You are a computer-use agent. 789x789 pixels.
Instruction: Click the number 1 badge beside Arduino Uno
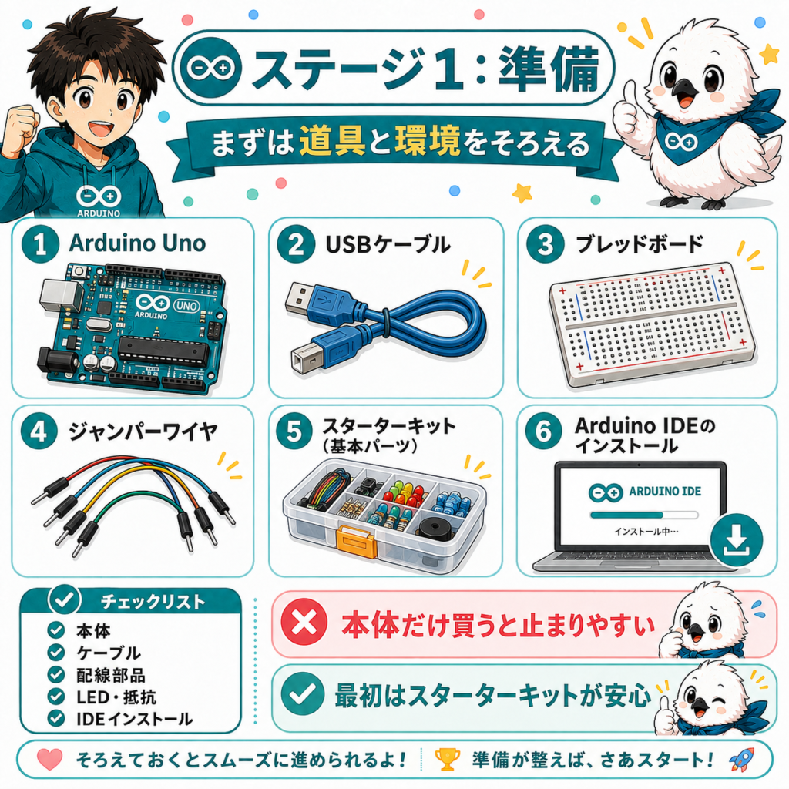pyautogui.click(x=40, y=244)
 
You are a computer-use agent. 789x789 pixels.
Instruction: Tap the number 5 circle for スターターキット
pyautogui.click(x=294, y=431)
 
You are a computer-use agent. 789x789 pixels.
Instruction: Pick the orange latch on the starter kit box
pyautogui.click(x=355, y=542)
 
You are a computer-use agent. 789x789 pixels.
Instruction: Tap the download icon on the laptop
pyautogui.click(x=736, y=539)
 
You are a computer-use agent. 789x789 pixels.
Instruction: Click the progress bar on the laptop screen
pyautogui.click(x=644, y=515)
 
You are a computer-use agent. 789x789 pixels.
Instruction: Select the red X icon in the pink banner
pyautogui.click(x=304, y=624)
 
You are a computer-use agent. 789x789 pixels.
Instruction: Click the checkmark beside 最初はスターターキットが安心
pyautogui.click(x=302, y=694)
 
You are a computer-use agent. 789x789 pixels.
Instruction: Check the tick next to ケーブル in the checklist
pyautogui.click(x=55, y=652)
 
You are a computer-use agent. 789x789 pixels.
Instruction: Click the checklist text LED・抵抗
pyautogui.click(x=116, y=697)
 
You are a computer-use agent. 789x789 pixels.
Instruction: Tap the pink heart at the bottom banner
pyautogui.click(x=50, y=759)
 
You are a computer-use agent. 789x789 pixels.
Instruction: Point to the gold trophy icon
pyautogui.click(x=447, y=759)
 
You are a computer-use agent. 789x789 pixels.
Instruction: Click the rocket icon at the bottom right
pyautogui.click(x=742, y=759)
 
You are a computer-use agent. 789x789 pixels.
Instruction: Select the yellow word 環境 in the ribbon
pyautogui.click(x=427, y=141)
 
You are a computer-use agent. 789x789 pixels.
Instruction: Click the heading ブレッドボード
pyautogui.click(x=639, y=243)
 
